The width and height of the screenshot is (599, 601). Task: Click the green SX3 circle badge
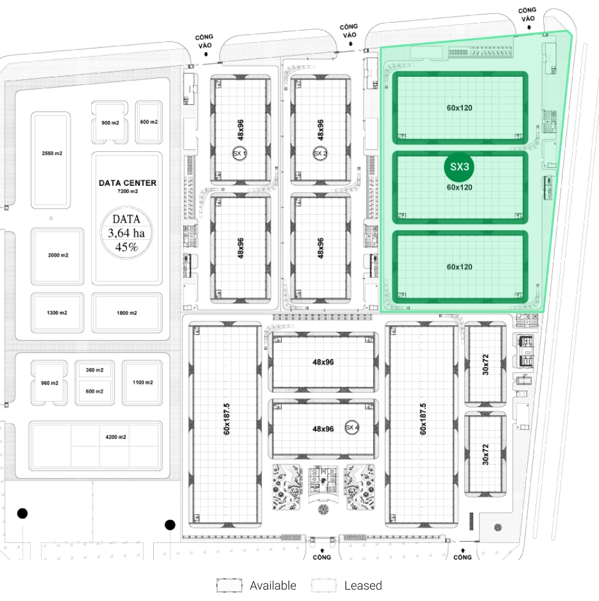tap(459, 167)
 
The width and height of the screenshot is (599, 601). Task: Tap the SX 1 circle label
tap(240, 154)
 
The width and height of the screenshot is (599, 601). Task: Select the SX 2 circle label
tap(320, 154)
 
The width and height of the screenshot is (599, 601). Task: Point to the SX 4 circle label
tap(352, 428)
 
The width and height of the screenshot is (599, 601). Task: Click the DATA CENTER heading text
tap(128, 183)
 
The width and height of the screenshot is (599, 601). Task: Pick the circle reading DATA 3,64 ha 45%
tap(126, 233)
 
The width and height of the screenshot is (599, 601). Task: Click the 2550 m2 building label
tap(52, 154)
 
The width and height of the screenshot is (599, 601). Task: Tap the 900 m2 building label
tap(110, 122)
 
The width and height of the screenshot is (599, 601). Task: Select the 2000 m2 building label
tap(58, 255)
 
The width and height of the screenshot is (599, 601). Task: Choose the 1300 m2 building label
tap(57, 313)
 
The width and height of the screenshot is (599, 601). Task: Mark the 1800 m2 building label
tap(127, 313)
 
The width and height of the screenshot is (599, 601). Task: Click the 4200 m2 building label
tap(116, 437)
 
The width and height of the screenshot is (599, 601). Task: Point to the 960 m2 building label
tap(50, 383)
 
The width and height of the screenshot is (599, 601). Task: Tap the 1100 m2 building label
tap(143, 382)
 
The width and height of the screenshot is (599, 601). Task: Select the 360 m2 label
tap(95, 370)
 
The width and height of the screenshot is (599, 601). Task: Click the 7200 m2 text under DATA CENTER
tap(128, 191)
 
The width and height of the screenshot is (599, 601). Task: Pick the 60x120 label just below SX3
tap(459, 187)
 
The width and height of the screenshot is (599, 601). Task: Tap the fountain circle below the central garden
tap(323, 509)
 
